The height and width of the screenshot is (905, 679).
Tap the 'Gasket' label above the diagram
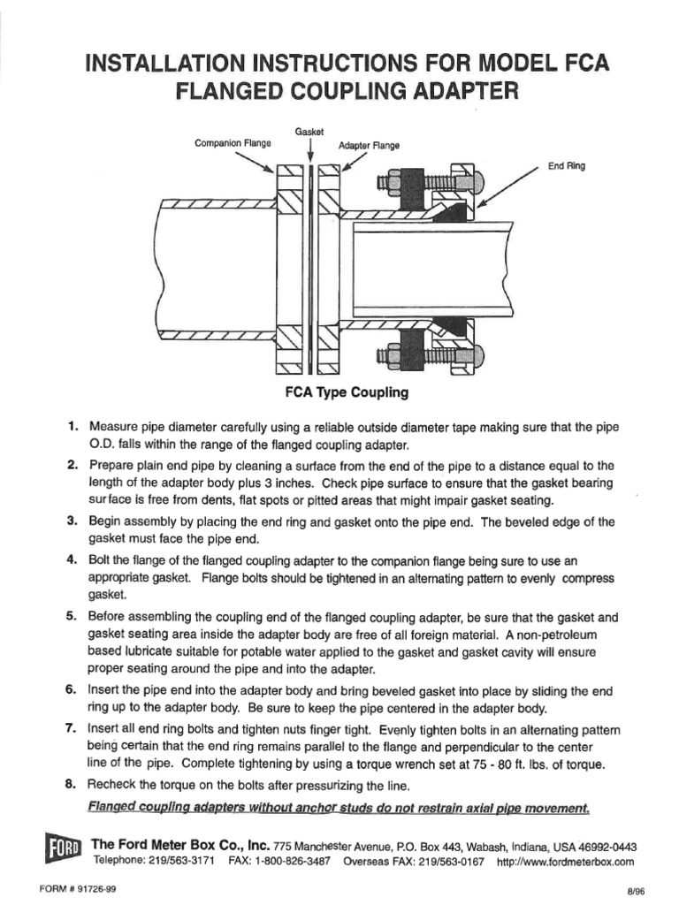click(309, 131)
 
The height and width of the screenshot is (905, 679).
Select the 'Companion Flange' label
click(233, 142)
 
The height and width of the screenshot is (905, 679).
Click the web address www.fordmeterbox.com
click(566, 861)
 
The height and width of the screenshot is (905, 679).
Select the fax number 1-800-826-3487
click(298, 861)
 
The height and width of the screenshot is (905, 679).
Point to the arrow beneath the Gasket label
click(309, 151)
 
